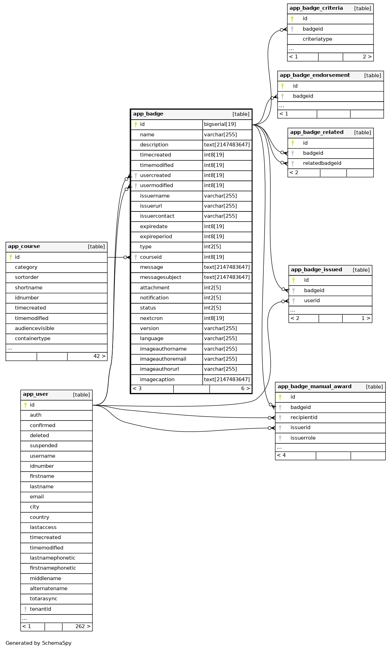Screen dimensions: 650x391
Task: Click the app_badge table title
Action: pos(148,114)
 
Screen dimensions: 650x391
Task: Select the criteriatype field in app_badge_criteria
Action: pos(317,39)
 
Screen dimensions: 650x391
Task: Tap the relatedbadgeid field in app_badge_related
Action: pos(322,163)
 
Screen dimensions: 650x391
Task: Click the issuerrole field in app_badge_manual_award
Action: pos(303,438)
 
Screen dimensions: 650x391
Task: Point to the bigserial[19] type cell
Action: pos(220,124)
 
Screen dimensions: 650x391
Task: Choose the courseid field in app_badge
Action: pos(150,257)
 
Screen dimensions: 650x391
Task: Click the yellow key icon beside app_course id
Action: pos(10,257)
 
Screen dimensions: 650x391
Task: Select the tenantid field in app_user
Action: pos(40,609)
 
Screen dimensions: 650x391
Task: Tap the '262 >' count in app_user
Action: pos(83,626)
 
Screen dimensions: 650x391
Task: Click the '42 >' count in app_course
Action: pos(99,356)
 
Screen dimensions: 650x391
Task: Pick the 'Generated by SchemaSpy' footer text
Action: pos(39,643)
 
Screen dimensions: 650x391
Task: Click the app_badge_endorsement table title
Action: pos(315,75)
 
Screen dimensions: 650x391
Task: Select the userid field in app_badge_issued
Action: pos(312,300)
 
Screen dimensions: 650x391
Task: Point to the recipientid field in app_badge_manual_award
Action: pos(304,417)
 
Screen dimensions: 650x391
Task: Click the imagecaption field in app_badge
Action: pos(157,379)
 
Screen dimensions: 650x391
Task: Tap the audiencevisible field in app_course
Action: pos(34,328)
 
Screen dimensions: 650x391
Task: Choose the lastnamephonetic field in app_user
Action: pos(52,558)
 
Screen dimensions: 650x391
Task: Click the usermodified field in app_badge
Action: pos(156,185)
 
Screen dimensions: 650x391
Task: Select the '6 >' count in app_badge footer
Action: pos(245,388)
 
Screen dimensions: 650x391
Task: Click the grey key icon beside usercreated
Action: pos(136,175)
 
